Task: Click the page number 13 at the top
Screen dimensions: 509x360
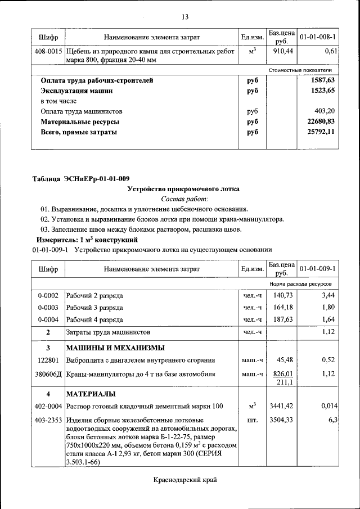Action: pos(184,16)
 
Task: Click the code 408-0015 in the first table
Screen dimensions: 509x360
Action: pos(48,51)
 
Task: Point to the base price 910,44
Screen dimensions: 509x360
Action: pos(282,51)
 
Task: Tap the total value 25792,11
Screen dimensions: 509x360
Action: pos(321,132)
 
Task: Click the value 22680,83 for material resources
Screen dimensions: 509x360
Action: pos(321,121)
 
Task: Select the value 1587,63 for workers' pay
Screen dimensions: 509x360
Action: pos(323,80)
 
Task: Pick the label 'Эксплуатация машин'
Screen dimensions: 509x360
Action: pos(76,91)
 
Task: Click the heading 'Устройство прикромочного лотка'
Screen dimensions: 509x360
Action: pos(183,189)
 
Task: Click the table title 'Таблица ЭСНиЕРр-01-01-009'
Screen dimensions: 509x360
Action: pos(80,179)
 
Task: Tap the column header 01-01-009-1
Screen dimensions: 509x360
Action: pos(318,269)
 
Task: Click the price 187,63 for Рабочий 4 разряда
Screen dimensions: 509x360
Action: pos(283,319)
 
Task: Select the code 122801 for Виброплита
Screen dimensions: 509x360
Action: pos(48,360)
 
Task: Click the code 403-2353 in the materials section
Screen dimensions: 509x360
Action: pos(48,420)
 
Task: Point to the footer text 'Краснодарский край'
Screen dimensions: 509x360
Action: pos(184,480)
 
